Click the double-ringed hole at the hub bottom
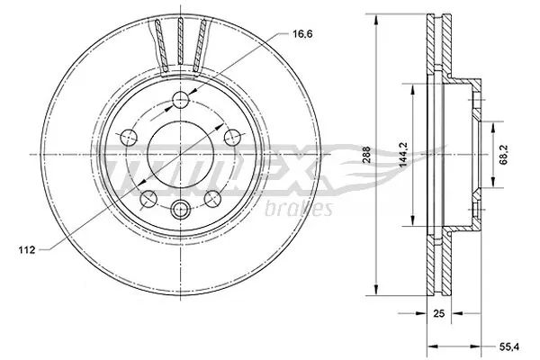click(x=181, y=211)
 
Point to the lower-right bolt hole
click(x=212, y=197)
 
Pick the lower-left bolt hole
click(x=148, y=197)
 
